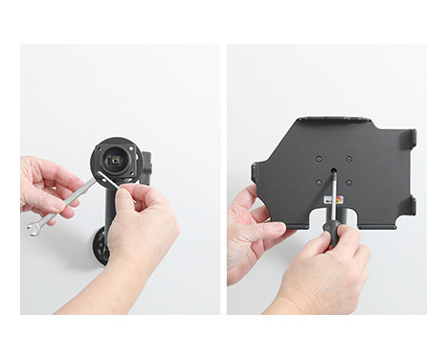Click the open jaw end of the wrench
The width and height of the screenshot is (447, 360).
(x=34, y=227)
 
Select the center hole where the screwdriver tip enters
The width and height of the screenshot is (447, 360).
(x=333, y=172)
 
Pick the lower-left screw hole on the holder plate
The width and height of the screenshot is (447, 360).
(x=318, y=182)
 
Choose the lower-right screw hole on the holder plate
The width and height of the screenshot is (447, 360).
(x=348, y=182)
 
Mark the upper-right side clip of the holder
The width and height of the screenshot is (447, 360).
(x=411, y=140)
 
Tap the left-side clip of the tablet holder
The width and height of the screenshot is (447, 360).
(x=256, y=173)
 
